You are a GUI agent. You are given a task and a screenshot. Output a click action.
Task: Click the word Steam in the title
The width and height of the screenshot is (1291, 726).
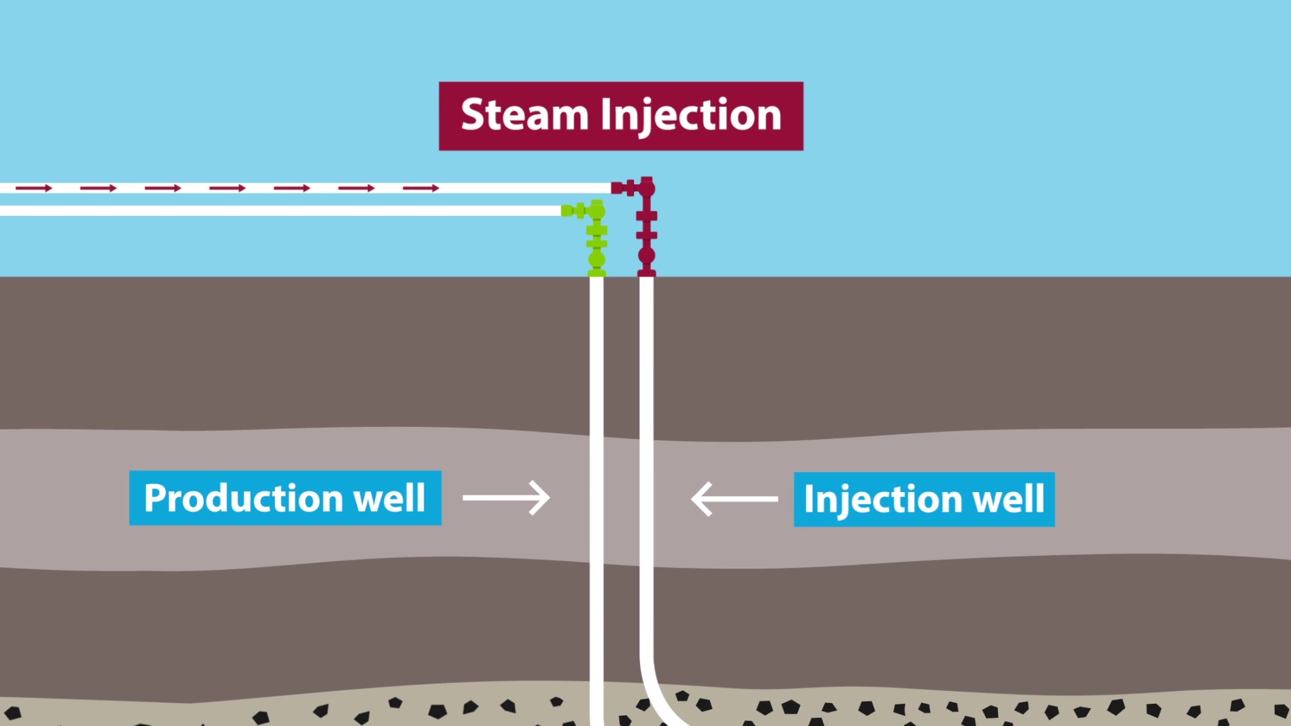pos(524,115)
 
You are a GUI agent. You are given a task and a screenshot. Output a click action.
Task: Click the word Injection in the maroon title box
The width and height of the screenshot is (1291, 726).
pos(691,115)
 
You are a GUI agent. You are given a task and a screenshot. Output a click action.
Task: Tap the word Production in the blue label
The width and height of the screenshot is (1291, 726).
pos(243,498)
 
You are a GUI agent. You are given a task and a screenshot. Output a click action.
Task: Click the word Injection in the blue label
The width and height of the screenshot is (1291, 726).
pos(883,499)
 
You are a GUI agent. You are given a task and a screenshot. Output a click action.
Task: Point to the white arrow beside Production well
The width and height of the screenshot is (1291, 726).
pos(506,498)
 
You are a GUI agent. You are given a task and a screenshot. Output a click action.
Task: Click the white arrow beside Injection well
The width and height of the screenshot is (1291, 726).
pos(734,499)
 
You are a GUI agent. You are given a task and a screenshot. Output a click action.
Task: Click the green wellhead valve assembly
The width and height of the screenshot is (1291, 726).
pos(596,239)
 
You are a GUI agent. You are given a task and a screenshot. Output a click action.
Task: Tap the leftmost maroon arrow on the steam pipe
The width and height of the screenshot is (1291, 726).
pos(34,188)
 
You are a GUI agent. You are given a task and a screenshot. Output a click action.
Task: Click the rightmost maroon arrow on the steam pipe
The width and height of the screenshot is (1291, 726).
pos(421,188)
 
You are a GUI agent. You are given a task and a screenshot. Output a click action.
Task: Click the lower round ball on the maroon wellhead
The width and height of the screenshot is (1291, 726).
pos(646,255)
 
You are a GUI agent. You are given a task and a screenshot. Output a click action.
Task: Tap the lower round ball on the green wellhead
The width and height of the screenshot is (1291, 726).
pos(596,259)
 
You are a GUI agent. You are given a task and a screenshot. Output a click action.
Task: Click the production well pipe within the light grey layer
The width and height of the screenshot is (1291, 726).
pos(596,497)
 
